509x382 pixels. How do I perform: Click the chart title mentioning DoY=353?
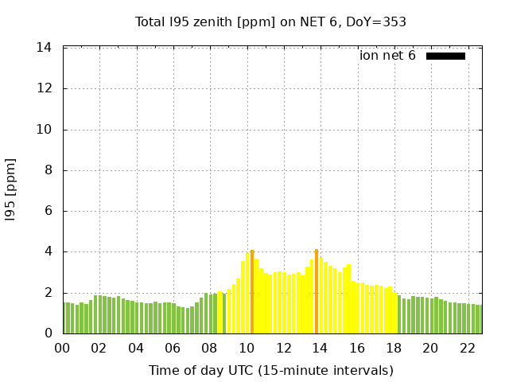coord(270,21)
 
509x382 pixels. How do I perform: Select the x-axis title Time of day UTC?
coord(270,370)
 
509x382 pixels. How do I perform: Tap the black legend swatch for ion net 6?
coord(445,56)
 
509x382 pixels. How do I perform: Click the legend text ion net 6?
coord(387,56)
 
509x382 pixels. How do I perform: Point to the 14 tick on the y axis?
coord(45,48)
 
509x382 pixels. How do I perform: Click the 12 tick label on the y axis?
coord(45,88)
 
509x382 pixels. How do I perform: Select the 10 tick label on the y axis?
coord(45,130)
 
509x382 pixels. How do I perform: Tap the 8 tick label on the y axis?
coord(48,170)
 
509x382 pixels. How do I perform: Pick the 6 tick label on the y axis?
coord(48,211)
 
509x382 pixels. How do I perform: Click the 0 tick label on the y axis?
coord(48,333)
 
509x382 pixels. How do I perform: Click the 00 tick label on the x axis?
coord(62,349)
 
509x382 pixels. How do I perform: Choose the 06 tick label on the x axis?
coord(173,349)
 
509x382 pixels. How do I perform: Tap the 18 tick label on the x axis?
coord(394,349)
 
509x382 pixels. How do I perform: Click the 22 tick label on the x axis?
coord(467,349)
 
